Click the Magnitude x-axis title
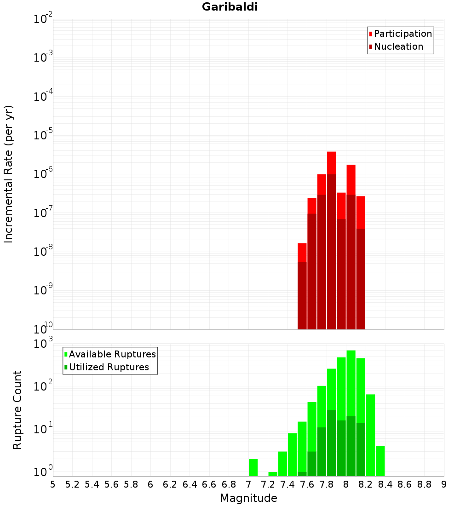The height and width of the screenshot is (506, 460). coord(248,498)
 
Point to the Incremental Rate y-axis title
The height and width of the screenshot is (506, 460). coord(9,174)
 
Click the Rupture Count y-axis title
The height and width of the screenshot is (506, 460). coord(17,410)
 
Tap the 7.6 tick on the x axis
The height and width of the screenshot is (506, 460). coord(307,484)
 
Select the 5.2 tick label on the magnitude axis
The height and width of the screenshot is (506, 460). coord(72,484)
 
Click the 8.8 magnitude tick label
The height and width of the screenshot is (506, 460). coord(424,484)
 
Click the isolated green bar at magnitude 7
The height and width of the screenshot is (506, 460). coord(253,467)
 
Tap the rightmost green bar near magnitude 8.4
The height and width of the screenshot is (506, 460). coord(380,461)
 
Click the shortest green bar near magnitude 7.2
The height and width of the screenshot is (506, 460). coord(273,474)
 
